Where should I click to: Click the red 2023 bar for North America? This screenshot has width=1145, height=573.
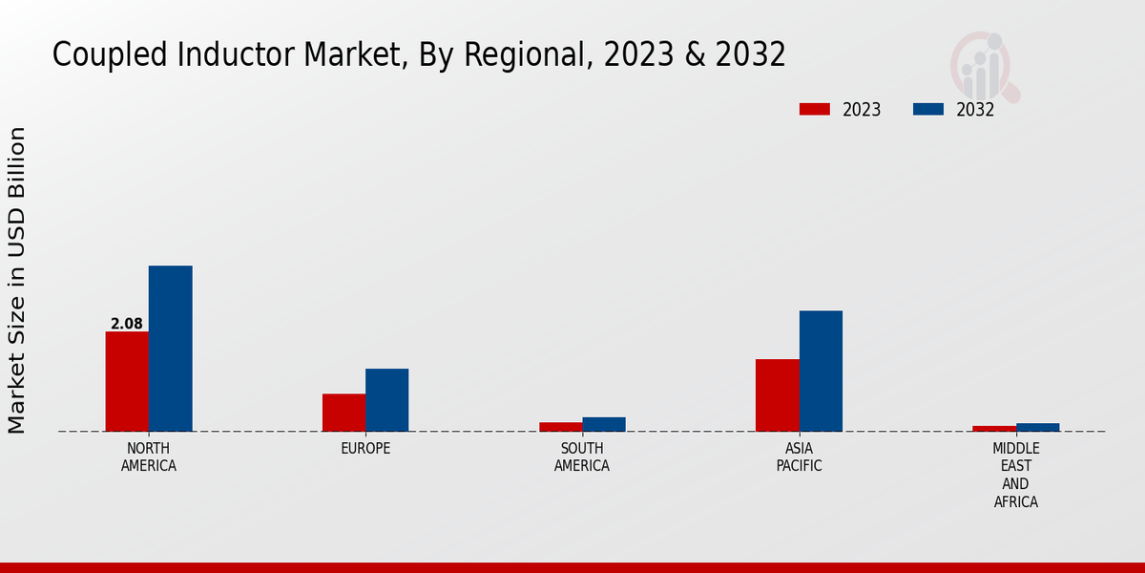pos(127,381)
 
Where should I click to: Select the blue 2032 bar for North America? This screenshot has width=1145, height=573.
pos(170,349)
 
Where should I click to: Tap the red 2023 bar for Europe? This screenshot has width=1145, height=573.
pos(343,413)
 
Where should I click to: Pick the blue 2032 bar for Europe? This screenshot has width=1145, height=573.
pos(386,400)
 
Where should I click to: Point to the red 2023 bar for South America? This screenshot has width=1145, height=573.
pos(560,427)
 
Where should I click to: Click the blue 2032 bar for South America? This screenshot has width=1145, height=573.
pos(604,424)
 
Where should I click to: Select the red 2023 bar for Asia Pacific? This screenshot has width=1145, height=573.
pos(777,395)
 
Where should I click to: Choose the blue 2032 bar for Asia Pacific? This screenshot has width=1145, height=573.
pos(821,371)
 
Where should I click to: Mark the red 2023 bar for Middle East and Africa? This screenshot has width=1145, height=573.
pos(994,429)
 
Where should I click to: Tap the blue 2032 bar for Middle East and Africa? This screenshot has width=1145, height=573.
pos(1037,427)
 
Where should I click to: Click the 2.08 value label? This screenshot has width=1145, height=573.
pos(127,324)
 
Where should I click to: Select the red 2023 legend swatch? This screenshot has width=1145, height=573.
pos(814,109)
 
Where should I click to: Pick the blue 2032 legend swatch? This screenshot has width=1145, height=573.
pos(927,109)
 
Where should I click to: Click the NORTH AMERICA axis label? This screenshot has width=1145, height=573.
pos(148,457)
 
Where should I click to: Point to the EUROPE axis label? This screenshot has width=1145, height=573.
pos(365,449)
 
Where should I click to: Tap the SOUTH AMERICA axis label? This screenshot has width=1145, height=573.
pos(582,457)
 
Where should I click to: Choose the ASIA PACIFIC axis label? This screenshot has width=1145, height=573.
pos(799,457)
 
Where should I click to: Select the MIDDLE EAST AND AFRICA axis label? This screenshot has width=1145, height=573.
pos(1015,475)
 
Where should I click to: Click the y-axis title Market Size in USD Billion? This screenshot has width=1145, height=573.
pos(17,280)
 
